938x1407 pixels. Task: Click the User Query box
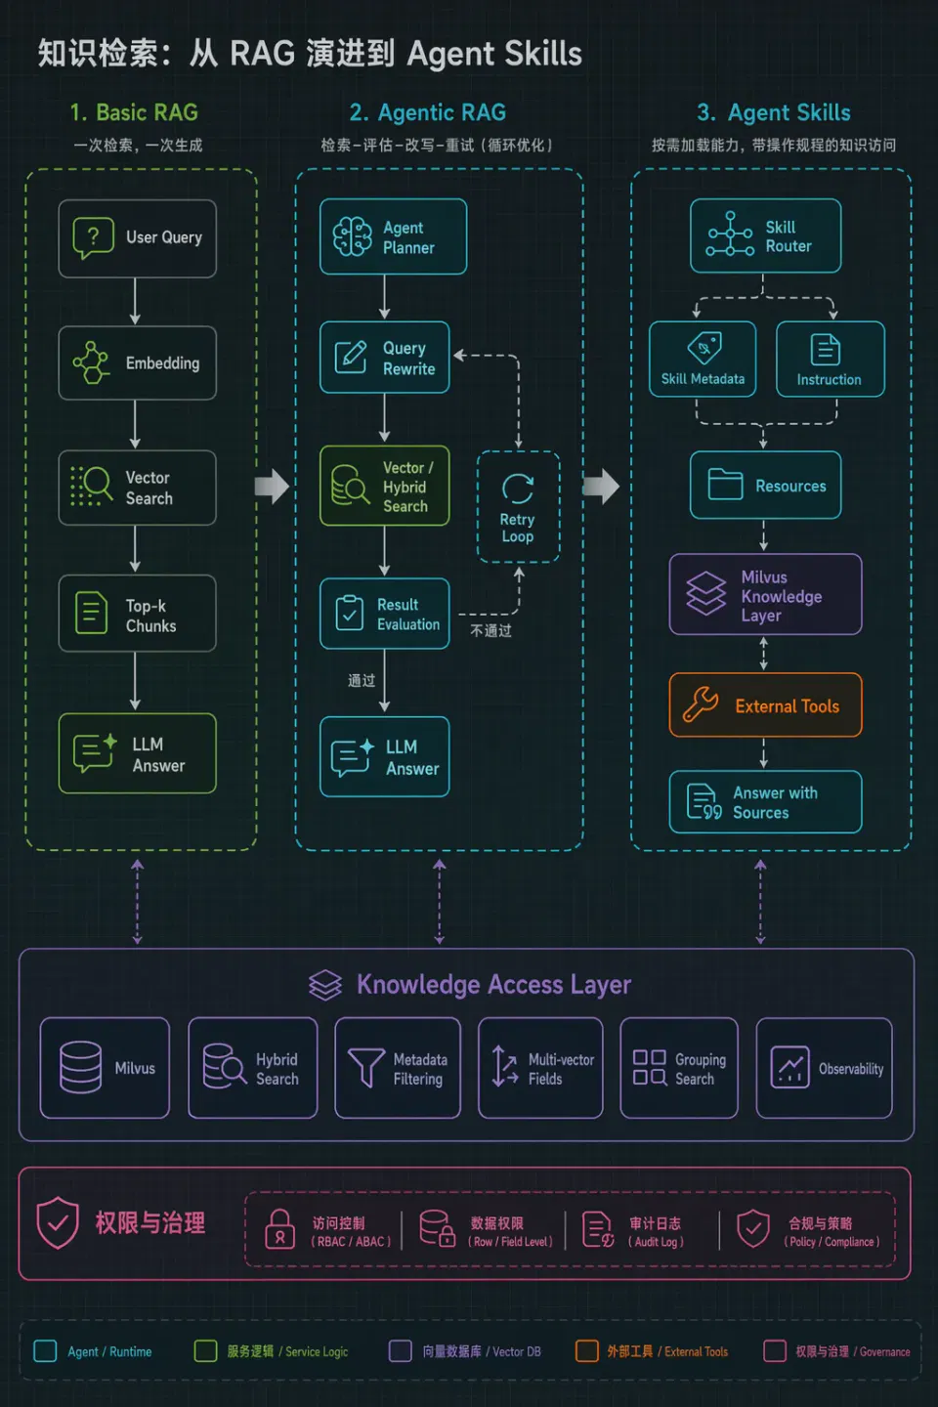138,238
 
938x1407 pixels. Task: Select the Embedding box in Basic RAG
138,363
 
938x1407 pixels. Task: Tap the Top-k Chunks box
138,613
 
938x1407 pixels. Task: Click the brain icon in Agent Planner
352,236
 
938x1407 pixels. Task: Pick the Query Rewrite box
385,358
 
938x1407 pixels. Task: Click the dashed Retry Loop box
518,506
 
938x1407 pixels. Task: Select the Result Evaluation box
385,614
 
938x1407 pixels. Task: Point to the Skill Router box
765,236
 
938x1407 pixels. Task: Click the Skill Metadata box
703,359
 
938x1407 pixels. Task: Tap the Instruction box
831,359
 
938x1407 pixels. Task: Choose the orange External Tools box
765,704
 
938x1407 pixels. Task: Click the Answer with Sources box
765,801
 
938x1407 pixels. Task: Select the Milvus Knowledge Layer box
765,594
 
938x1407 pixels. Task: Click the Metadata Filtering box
398,1068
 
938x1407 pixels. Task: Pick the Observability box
825,1068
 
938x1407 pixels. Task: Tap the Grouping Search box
679,1068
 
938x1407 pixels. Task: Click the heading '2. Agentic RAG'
428,113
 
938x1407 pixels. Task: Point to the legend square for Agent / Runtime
45,1350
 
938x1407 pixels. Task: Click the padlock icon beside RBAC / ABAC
279,1228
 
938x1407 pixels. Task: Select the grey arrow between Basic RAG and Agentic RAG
272,487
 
